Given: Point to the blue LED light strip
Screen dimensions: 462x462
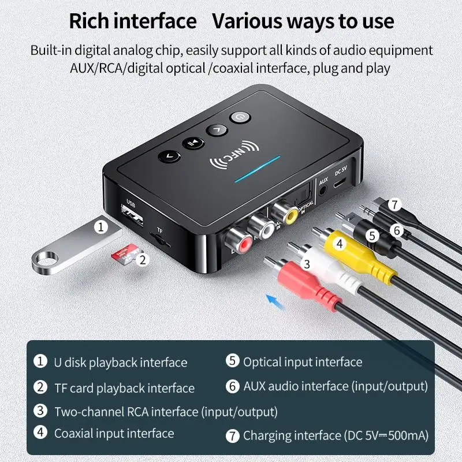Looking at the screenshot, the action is pyautogui.click(x=258, y=168).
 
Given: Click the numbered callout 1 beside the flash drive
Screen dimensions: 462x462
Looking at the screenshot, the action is pyautogui.click(x=102, y=226).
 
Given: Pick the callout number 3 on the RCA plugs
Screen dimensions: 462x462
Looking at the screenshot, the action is pyautogui.click(x=307, y=264).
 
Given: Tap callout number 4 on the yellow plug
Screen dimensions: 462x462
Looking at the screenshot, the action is pyautogui.click(x=340, y=244).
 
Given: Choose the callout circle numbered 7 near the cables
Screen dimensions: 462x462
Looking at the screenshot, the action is pyautogui.click(x=394, y=204).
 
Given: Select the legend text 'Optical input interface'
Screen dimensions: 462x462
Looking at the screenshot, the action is pyautogui.click(x=302, y=362).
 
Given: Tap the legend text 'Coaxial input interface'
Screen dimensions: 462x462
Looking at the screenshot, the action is pyautogui.click(x=114, y=433).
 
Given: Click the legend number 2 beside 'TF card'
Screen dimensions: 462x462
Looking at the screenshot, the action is pyautogui.click(x=40, y=387).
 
